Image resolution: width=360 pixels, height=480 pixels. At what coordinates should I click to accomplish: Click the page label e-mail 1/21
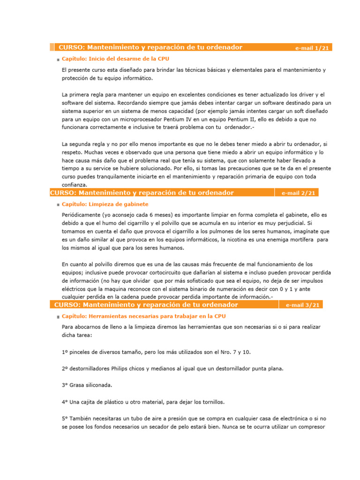312,48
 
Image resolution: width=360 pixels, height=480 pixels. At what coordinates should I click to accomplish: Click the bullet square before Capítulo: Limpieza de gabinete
58,205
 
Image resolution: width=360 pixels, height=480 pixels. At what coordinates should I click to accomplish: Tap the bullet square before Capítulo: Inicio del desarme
58,60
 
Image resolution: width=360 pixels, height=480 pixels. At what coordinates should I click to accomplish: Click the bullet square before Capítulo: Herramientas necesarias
58,317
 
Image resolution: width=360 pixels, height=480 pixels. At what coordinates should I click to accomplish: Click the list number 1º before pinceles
65,352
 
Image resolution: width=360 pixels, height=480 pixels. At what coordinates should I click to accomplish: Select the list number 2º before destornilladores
65,369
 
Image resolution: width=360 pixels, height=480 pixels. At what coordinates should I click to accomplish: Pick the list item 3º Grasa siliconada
87,385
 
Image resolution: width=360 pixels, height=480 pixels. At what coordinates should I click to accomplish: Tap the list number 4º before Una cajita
65,402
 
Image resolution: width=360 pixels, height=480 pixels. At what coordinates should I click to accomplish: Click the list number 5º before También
65,419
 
